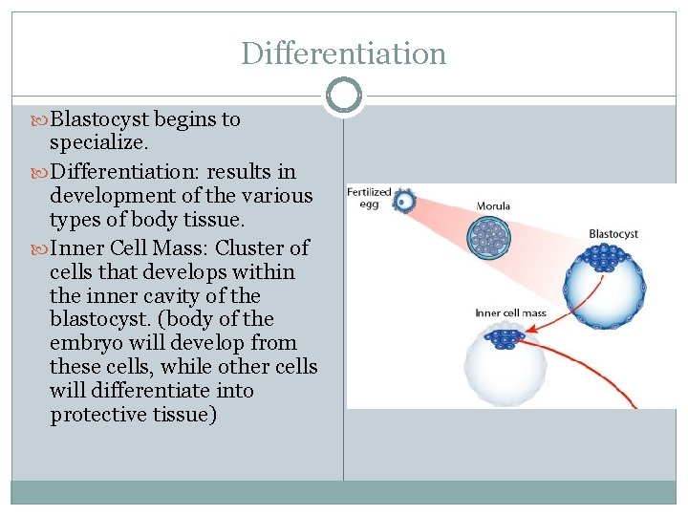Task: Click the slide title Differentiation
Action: click(x=343, y=54)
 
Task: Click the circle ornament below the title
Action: click(x=343, y=96)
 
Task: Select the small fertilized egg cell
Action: click(x=405, y=202)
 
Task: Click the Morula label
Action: click(x=493, y=205)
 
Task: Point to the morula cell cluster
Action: click(x=490, y=236)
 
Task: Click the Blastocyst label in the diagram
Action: click(x=613, y=234)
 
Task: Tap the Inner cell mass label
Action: click(x=510, y=313)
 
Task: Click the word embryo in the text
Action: click(x=77, y=343)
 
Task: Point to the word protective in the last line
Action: click(x=95, y=415)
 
